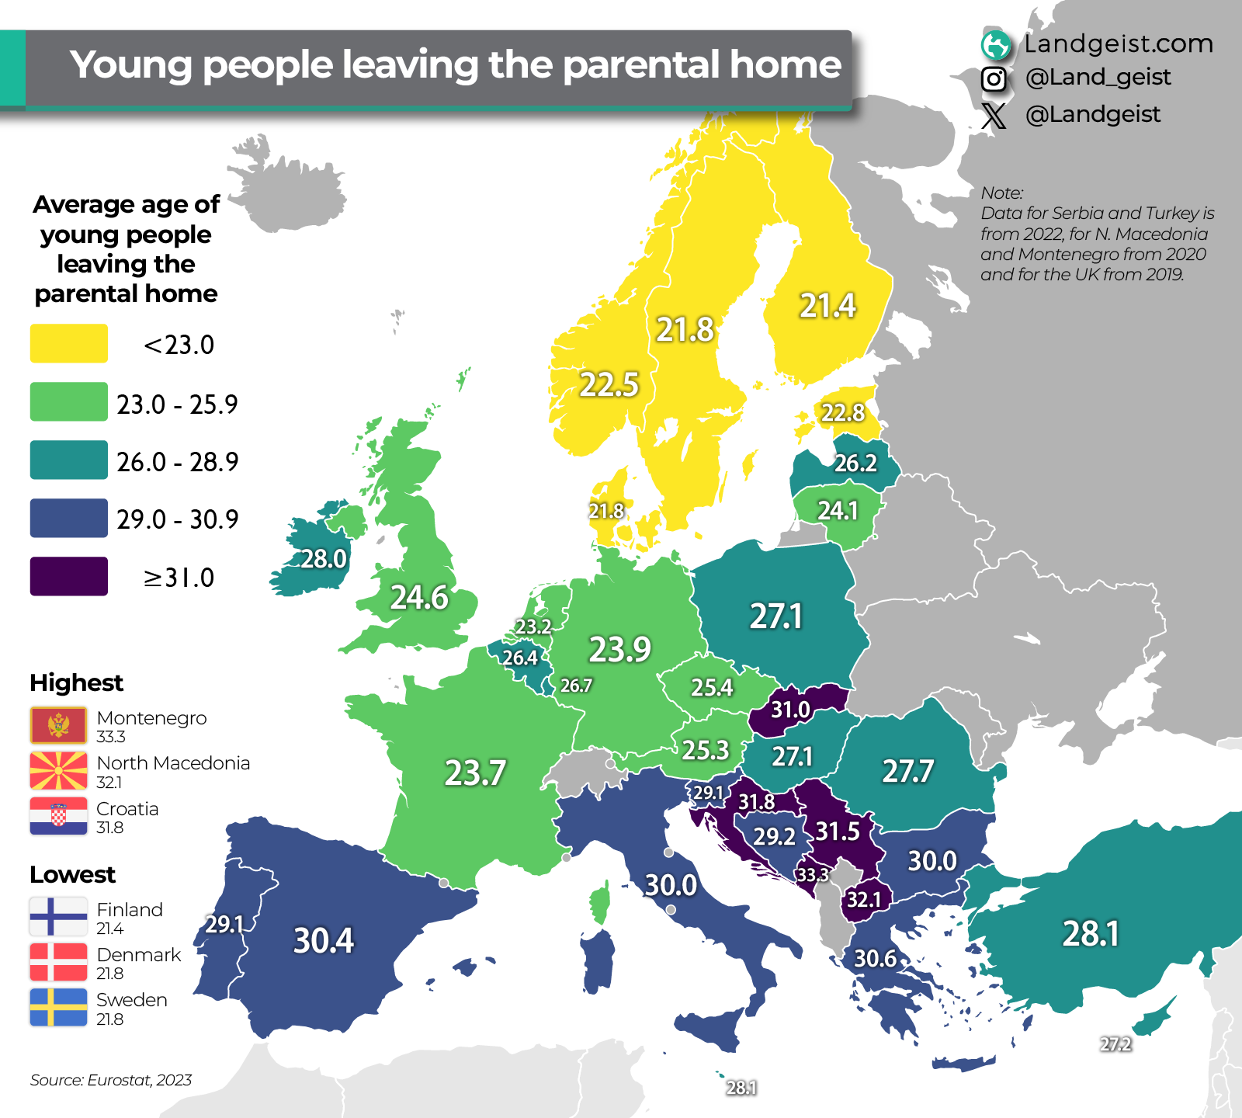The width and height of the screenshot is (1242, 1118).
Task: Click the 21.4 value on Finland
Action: [x=827, y=306]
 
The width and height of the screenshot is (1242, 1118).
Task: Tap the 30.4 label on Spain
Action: [x=324, y=940]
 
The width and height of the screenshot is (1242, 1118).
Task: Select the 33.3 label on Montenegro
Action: [x=813, y=875]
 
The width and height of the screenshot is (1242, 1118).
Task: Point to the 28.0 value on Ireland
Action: [x=324, y=559]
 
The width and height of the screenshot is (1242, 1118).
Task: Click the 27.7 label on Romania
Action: [x=907, y=771]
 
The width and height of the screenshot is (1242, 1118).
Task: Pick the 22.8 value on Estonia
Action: [x=843, y=412]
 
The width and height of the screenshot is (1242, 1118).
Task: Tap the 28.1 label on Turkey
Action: [x=1091, y=933]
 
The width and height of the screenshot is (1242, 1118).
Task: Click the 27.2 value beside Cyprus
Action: [x=1115, y=1044]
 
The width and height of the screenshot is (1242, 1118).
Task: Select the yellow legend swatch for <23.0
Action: [x=68, y=343]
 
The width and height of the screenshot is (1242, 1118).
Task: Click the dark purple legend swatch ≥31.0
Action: [x=68, y=576]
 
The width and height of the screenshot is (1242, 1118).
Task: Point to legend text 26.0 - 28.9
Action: [x=177, y=462]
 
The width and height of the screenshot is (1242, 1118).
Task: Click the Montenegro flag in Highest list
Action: [x=58, y=726]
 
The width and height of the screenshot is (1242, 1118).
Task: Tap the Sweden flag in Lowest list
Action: [x=58, y=1007]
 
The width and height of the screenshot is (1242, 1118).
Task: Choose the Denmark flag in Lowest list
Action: [x=58, y=962]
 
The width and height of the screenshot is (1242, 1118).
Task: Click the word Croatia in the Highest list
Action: [x=127, y=809]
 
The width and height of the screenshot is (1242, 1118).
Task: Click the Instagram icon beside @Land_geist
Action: [x=994, y=78]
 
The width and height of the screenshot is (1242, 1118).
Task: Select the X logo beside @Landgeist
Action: [x=994, y=116]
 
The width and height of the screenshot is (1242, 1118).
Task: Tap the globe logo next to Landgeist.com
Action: [x=996, y=45]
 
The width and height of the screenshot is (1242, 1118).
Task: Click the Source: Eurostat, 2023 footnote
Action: [x=111, y=1080]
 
